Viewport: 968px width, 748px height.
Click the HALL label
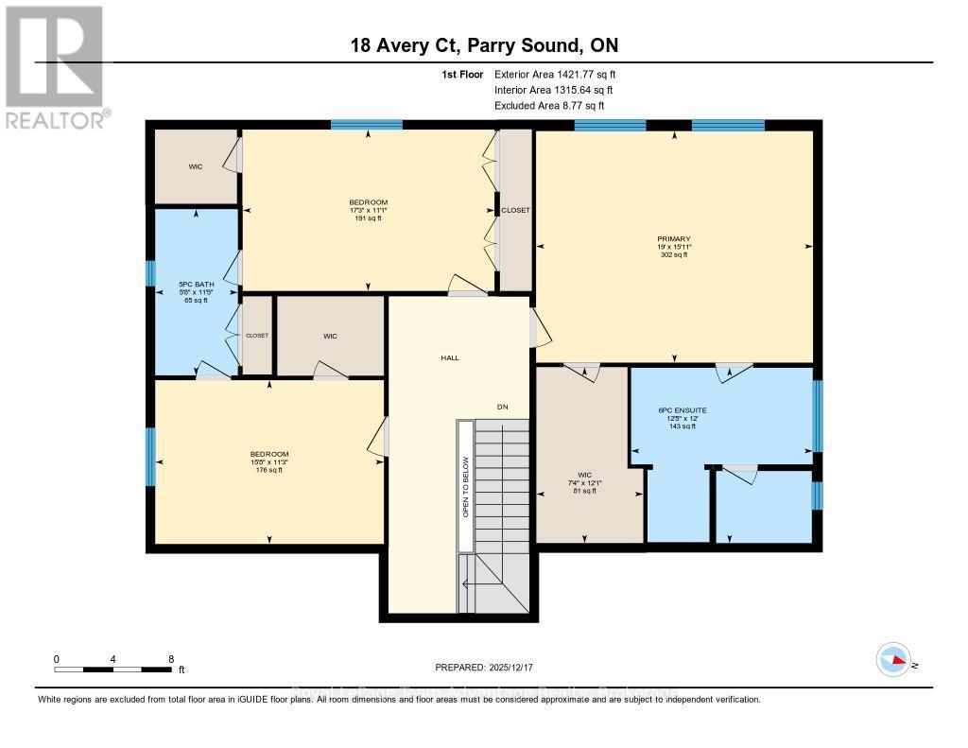(449, 357)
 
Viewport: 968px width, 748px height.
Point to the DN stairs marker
(503, 407)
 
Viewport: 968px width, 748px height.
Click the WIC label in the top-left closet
(195, 166)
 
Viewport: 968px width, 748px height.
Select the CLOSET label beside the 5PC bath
(257, 336)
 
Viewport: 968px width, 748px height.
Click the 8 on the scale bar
(170, 658)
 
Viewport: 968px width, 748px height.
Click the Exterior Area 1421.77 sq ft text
(555, 74)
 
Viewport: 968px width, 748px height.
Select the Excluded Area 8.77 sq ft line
(548, 105)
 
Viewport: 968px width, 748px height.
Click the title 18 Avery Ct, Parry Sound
(483, 45)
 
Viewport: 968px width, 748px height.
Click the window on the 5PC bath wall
(150, 272)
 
